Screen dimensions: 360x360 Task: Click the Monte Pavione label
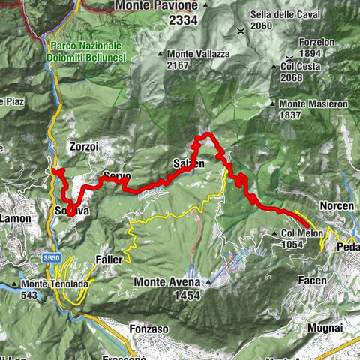point(156,5)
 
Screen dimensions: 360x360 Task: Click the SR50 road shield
point(51,256)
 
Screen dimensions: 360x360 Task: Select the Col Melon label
point(302,233)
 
